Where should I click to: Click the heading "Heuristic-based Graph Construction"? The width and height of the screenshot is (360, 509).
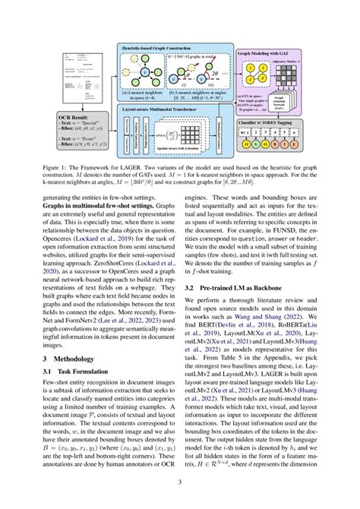click(160, 47)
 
